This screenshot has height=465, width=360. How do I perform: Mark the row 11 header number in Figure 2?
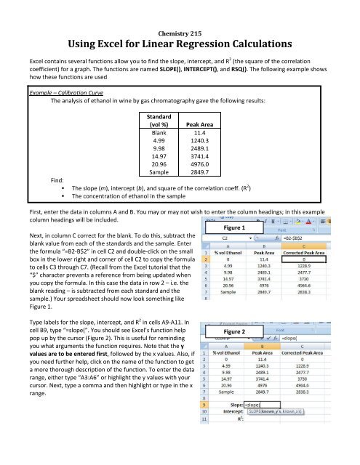tap(207, 444)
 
